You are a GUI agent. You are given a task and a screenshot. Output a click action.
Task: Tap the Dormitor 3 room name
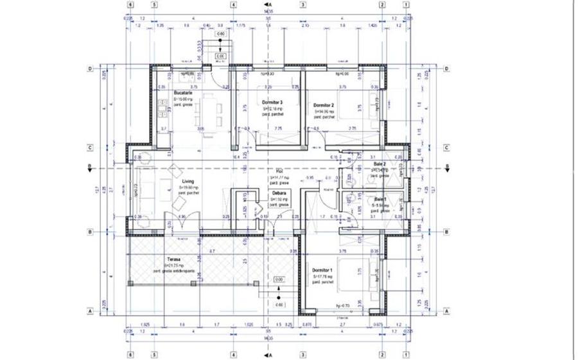tap(273, 103)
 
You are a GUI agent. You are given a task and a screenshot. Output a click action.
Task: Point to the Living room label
tap(188, 182)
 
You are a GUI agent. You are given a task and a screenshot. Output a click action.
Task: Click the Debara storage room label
tap(279, 193)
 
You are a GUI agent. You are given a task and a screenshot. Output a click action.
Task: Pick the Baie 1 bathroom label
tap(381, 199)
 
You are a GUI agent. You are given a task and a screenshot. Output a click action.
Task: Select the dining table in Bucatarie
tap(207, 109)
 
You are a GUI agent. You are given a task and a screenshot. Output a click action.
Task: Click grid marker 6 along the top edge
tap(130, 3)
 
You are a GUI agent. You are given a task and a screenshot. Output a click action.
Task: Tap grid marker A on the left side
tap(91, 312)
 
